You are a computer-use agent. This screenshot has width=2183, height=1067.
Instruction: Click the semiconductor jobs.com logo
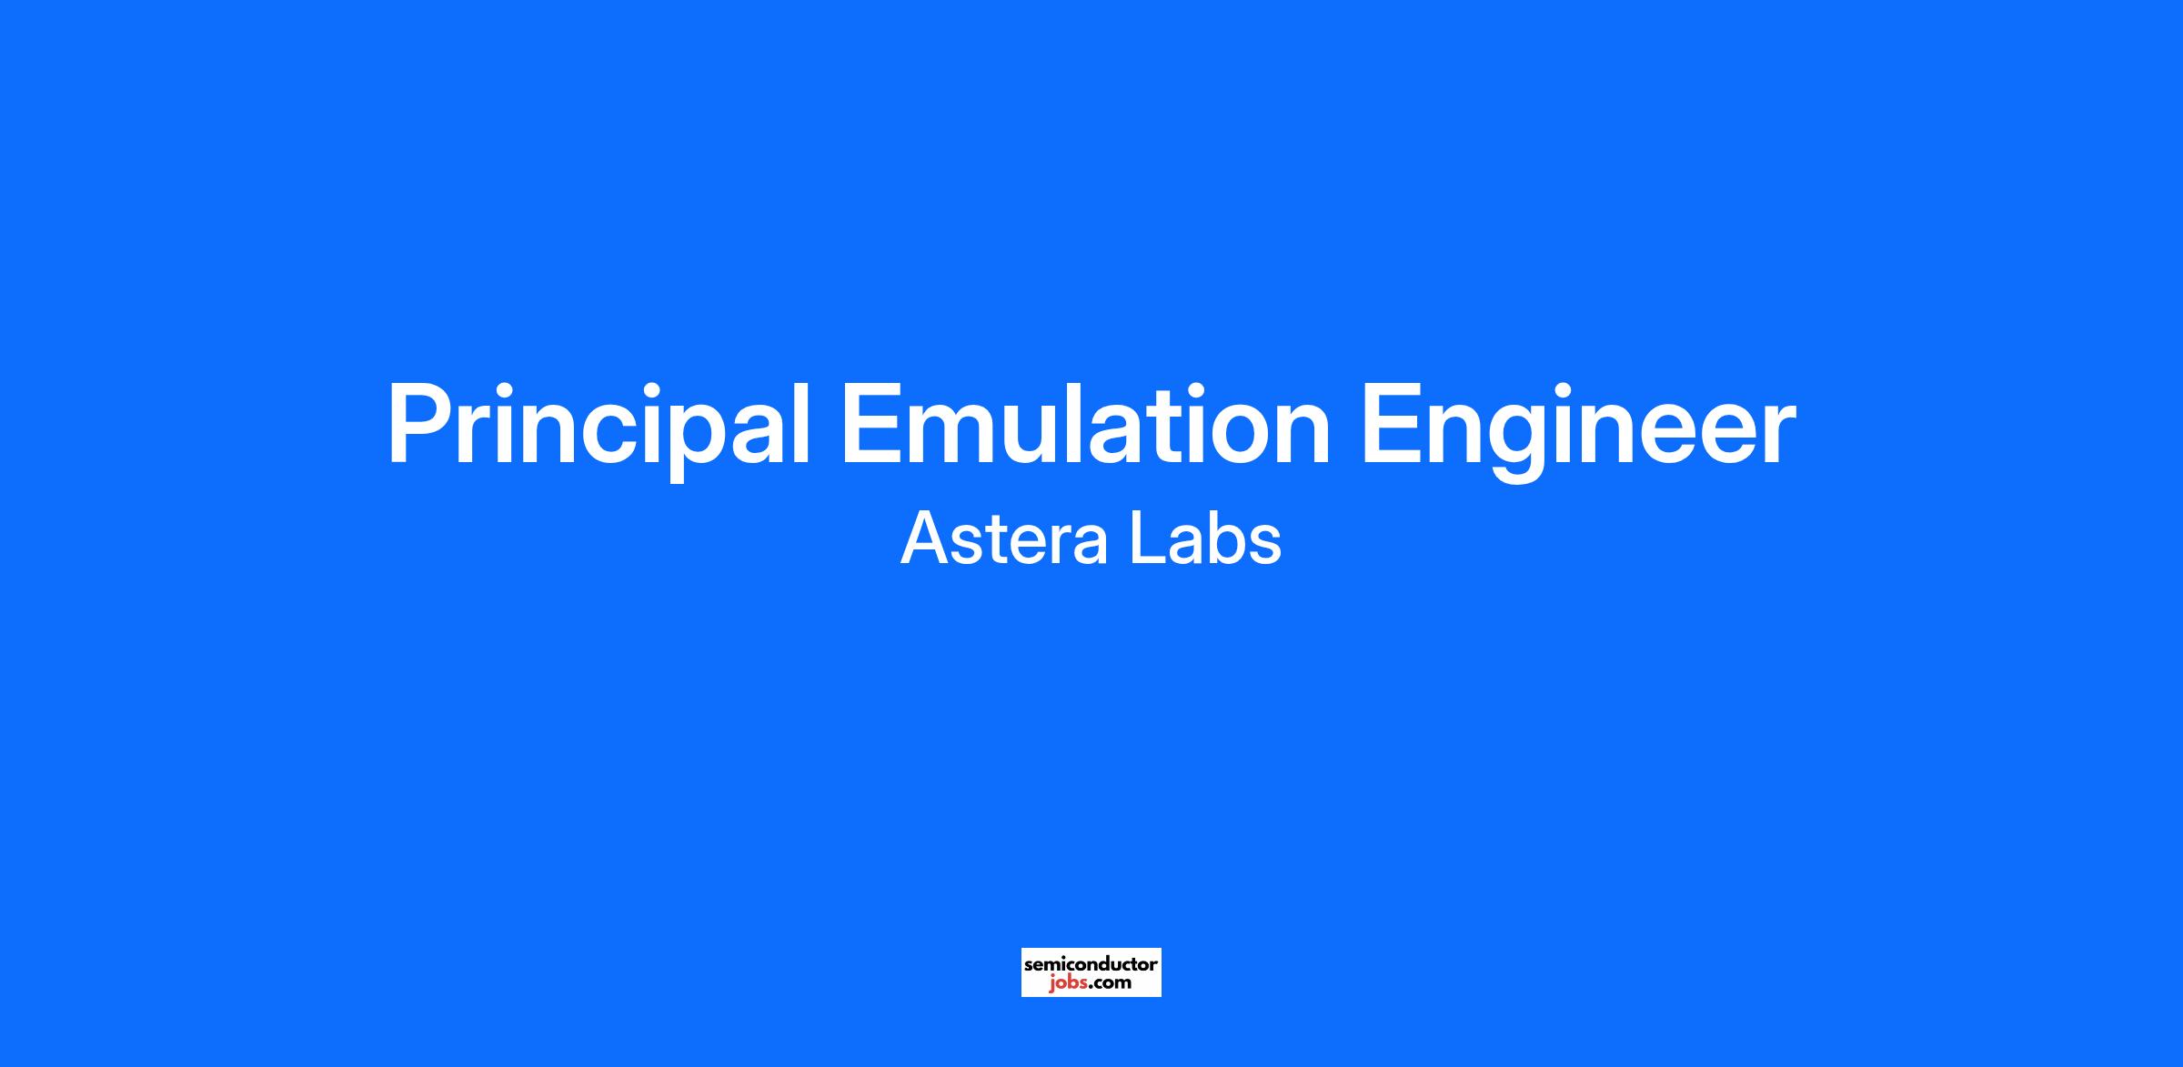coord(1091,972)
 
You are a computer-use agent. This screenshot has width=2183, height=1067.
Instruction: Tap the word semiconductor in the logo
coord(1091,963)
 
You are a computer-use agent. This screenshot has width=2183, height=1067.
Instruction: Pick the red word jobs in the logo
coord(1068,982)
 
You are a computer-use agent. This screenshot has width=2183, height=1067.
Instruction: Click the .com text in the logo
coord(1111,982)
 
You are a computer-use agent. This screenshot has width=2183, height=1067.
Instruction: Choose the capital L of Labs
coord(1143,539)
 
